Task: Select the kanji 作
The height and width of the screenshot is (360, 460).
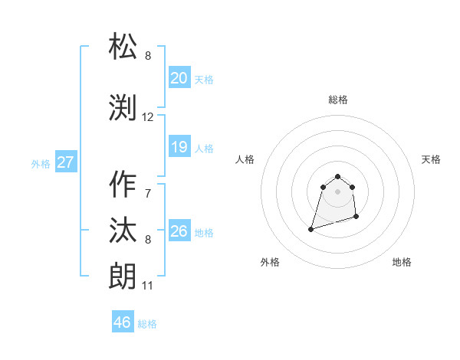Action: [124, 184]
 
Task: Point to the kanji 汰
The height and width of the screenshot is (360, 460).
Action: [124, 231]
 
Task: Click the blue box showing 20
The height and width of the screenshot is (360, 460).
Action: [179, 78]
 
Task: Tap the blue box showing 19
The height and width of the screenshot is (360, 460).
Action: [179, 147]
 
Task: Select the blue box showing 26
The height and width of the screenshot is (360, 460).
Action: [179, 231]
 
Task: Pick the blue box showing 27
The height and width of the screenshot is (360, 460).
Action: [65, 162]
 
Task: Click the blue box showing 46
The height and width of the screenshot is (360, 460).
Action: [123, 322]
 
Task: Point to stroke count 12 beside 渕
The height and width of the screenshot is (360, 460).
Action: [148, 117]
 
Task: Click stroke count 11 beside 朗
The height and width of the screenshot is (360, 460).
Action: [147, 286]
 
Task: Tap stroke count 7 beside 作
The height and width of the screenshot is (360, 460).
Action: [147, 193]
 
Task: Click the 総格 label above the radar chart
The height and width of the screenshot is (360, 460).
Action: [338, 100]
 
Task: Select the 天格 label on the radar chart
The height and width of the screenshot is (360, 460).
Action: [431, 159]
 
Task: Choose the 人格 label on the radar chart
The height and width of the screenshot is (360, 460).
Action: [245, 159]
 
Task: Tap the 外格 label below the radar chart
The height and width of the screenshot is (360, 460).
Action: [269, 262]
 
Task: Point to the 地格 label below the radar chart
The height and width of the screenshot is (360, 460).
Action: [402, 262]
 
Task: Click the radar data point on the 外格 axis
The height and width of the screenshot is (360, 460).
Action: [311, 228]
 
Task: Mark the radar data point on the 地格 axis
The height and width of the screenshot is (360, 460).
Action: [357, 218]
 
